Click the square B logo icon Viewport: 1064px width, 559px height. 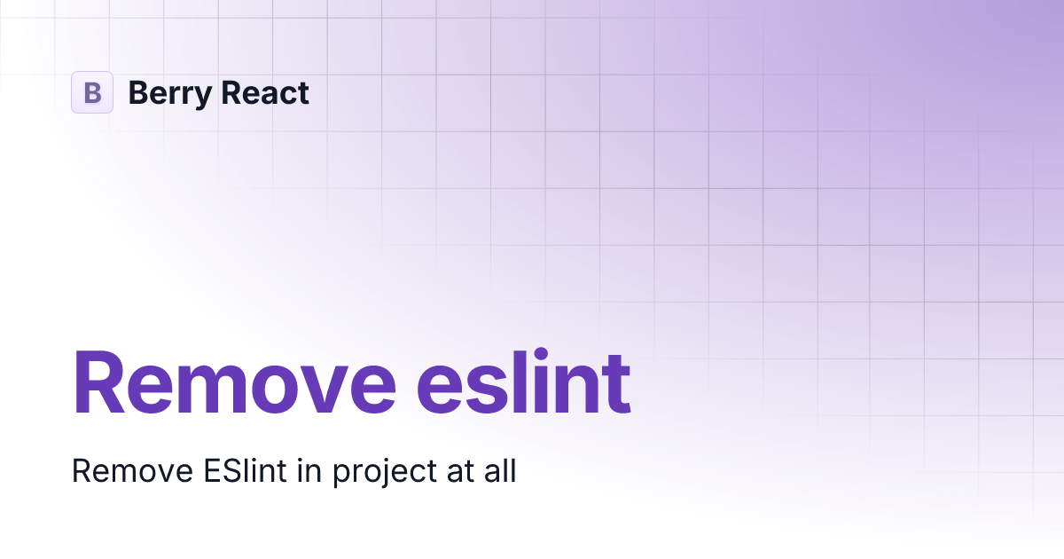pyautogui.click(x=92, y=92)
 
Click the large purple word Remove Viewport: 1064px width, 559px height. pyautogui.click(x=234, y=383)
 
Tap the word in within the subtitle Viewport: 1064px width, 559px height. pyautogui.click(x=309, y=470)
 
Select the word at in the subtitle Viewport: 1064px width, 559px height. pyautogui.click(x=450, y=471)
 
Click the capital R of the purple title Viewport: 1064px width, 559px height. pyautogui.click(x=100, y=383)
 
